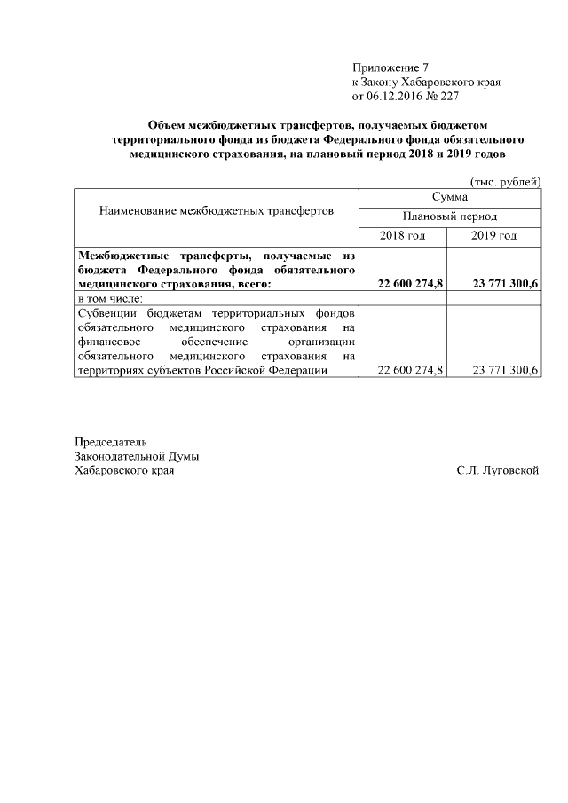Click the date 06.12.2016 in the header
tap(397, 95)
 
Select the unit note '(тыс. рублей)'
tap(505, 181)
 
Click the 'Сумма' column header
tap(449, 197)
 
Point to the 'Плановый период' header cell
tap(449, 216)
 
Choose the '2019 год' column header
tap(493, 236)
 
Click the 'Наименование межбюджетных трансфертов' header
tap(216, 212)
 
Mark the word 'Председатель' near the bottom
tap(112, 442)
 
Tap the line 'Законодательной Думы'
tap(137, 456)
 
